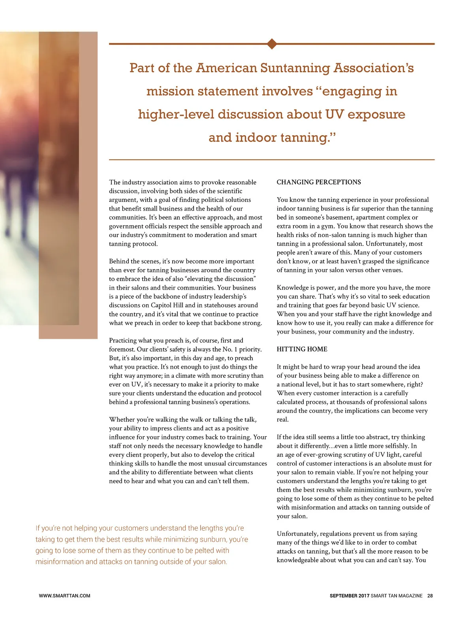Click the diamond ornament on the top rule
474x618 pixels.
pos(272,44)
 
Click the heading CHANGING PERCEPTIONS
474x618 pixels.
pos(319,182)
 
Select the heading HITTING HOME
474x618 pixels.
pos(302,349)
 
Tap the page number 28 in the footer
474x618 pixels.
pos(430,595)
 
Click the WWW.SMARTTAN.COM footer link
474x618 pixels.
pos(64,595)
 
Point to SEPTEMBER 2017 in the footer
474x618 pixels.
pos(350,595)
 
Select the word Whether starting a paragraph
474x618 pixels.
pos(122,420)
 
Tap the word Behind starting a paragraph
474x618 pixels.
pos(119,261)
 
